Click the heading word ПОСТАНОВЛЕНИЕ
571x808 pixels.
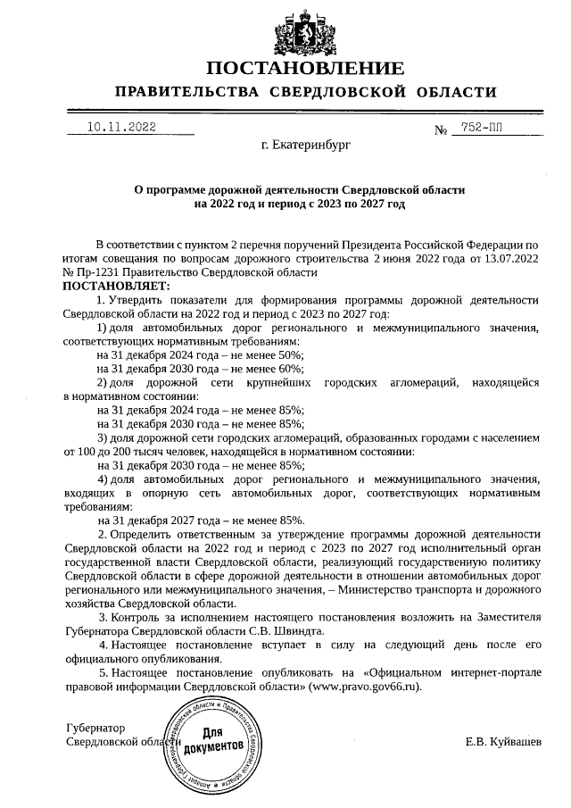click(305, 69)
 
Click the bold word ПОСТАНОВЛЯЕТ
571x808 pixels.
click(114, 285)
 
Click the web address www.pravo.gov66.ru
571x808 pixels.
click(364, 687)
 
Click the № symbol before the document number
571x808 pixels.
click(440, 130)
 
